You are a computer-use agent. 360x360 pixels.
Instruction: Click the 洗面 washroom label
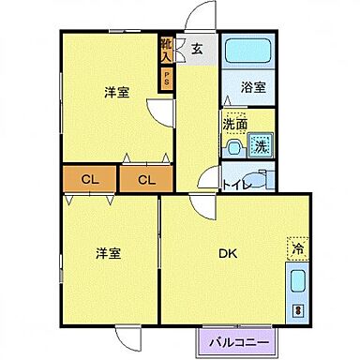coord(234,123)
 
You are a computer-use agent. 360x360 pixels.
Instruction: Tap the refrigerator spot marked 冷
coord(297,248)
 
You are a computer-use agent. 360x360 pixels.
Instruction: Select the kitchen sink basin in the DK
coord(297,281)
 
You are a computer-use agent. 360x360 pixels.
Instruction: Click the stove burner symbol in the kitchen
coord(298,309)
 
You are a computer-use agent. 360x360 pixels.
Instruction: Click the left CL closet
coord(89,178)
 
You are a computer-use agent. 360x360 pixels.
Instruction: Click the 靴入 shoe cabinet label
coord(166,50)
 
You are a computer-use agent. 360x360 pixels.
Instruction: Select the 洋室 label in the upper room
coord(115,92)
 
